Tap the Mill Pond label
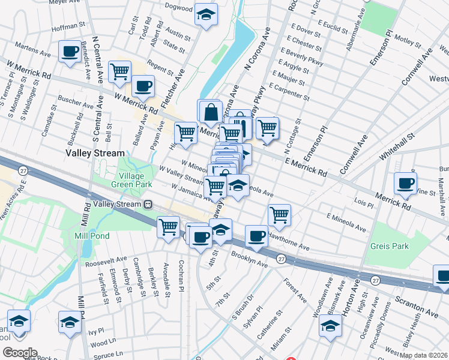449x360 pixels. (x=92, y=236)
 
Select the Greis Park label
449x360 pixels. (x=389, y=246)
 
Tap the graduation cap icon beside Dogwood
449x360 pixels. (x=206, y=16)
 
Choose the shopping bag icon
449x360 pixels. (x=211, y=112)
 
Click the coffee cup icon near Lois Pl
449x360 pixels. (x=405, y=183)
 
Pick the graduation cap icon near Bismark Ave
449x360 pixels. (x=330, y=327)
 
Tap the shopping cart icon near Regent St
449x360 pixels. (x=120, y=71)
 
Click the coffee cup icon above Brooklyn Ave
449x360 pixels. (x=257, y=236)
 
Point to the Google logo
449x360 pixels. (x=20, y=353)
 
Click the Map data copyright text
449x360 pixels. (x=423, y=355)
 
